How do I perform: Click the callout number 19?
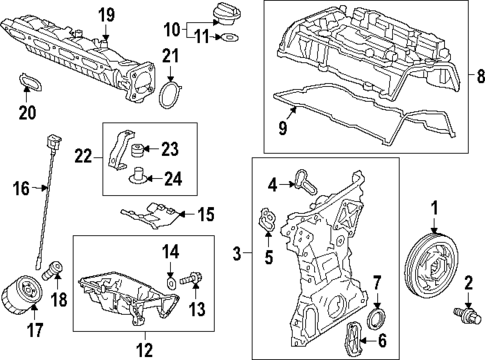click(x=105, y=13)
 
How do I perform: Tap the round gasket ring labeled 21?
click(x=171, y=98)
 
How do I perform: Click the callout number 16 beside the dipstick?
click(x=18, y=186)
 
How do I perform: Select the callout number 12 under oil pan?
click(x=144, y=348)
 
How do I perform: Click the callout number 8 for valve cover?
click(x=477, y=75)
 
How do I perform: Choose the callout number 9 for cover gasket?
click(x=286, y=129)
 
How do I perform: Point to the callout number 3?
click(x=237, y=255)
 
